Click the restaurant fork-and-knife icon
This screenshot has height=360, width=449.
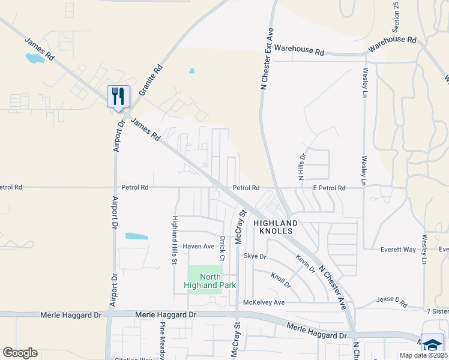point(118,95)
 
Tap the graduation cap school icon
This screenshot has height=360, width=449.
point(432,344)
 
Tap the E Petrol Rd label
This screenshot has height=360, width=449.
point(330,188)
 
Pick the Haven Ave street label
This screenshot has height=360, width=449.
point(199,247)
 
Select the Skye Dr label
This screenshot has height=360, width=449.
point(255,256)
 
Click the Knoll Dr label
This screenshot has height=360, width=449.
point(280,279)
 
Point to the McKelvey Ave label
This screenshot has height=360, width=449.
point(264,302)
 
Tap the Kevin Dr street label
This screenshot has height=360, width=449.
point(305,263)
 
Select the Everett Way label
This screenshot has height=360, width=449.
point(399,250)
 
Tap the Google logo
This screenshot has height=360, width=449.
point(20,353)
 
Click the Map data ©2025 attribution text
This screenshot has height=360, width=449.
point(423,355)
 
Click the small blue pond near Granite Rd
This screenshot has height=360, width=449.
point(191,71)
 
